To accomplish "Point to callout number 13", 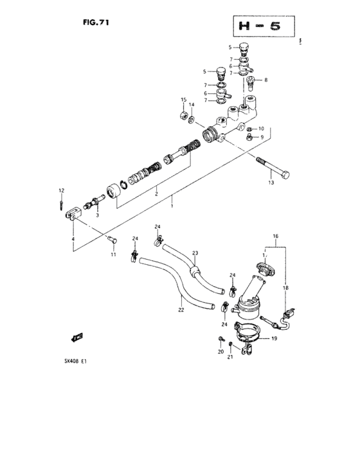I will click(x=271, y=183).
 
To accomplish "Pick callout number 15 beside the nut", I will click(x=183, y=100).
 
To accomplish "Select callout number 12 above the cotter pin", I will click(x=62, y=190).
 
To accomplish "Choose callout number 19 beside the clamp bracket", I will click(x=274, y=338).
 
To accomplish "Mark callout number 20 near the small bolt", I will click(x=220, y=352).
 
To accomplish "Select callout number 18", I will click(x=286, y=288).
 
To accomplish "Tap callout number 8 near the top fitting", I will click(x=265, y=80).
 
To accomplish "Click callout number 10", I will click(x=261, y=129).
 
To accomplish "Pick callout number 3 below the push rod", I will click(x=97, y=215).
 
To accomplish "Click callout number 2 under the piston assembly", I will click(x=155, y=192).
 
